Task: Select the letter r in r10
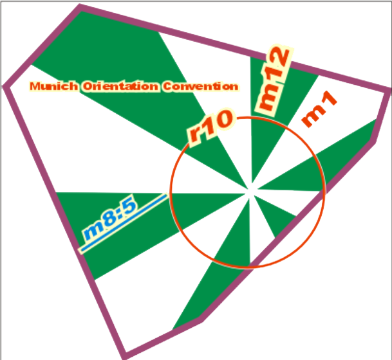[194, 138]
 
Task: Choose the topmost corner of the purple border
[80, 8]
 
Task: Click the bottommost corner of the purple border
[126, 355]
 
